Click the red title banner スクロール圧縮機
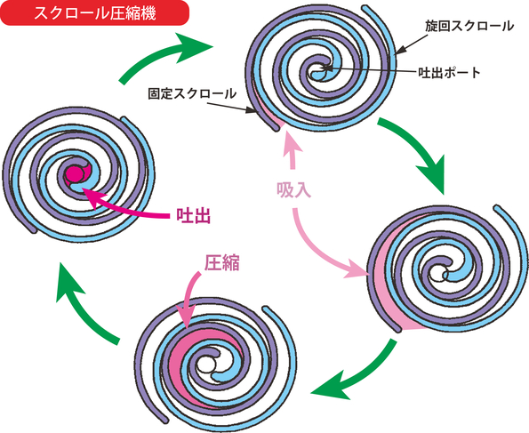click(94, 12)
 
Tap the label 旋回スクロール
click(469, 26)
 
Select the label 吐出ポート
click(449, 72)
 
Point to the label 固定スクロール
click(192, 93)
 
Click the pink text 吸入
click(293, 190)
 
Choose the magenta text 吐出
click(194, 215)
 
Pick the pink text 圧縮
click(222, 262)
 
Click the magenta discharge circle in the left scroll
click(75, 174)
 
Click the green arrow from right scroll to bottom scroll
click(357, 374)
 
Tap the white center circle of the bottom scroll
click(204, 365)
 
